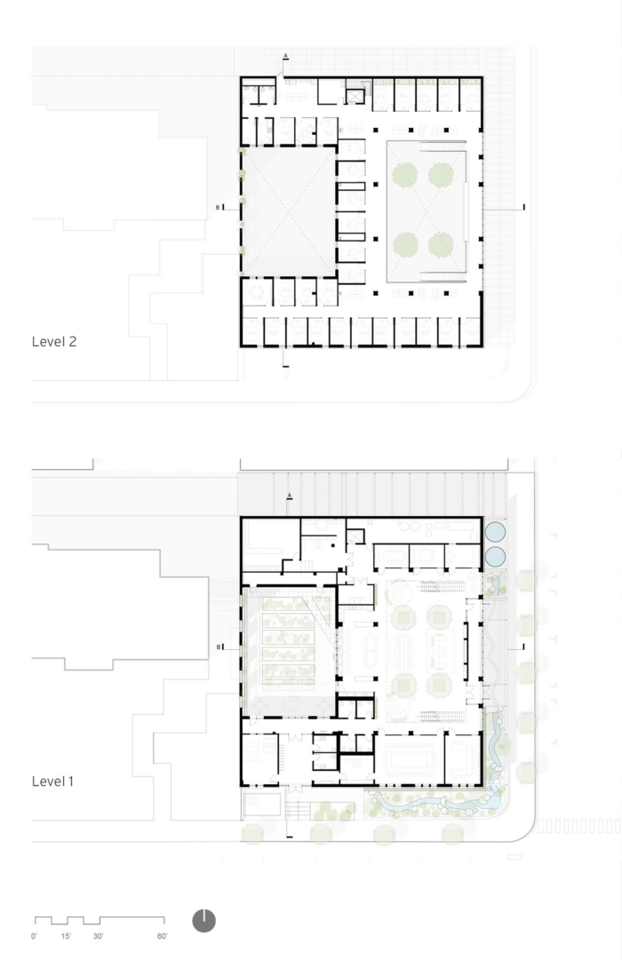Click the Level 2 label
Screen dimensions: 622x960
click(54, 342)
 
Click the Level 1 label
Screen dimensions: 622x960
click(52, 781)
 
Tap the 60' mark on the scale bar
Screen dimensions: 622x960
click(163, 936)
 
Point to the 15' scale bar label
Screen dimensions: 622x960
click(66, 936)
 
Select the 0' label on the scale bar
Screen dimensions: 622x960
click(34, 936)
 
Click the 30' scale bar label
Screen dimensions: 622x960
click(98, 936)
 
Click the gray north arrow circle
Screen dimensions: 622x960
click(204, 921)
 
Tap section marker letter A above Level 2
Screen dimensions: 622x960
click(285, 56)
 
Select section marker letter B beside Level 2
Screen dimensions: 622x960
click(218, 208)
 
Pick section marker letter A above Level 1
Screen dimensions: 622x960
click(290, 495)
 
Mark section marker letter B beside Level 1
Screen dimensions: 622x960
click(219, 647)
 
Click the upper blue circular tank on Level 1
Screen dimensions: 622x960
click(495, 531)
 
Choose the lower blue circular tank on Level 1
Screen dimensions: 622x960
click(495, 557)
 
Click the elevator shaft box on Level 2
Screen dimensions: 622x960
click(355, 96)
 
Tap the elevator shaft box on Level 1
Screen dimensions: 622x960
click(355, 537)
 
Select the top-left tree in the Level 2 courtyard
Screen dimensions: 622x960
click(404, 175)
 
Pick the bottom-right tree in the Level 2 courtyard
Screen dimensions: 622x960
click(441, 245)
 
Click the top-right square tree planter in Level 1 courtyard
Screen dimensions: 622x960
click(439, 616)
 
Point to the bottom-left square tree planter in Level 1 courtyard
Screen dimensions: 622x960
click(403, 685)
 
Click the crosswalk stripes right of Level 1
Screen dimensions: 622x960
click(579, 826)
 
